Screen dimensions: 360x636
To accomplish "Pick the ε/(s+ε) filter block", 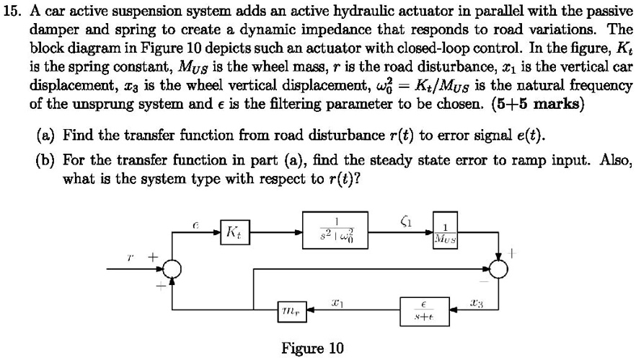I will coord(423,311).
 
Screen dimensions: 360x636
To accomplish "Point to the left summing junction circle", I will coord(172,269).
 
